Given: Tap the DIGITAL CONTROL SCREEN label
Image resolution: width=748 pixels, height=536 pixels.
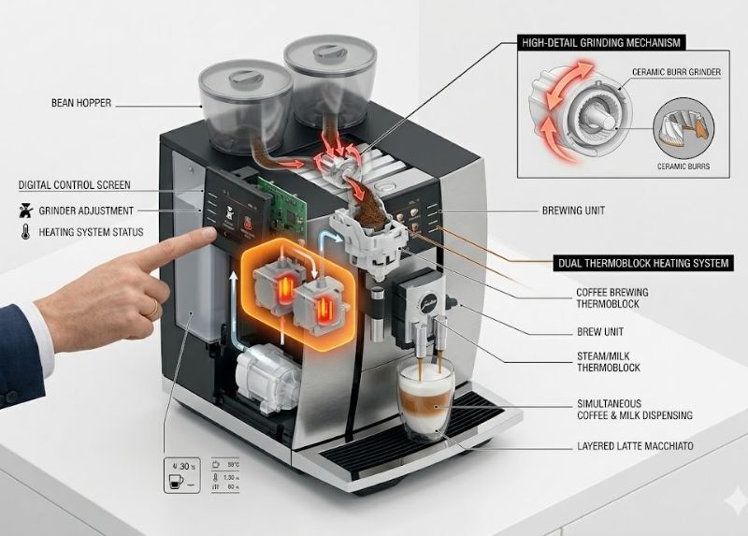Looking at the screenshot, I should point(75,185).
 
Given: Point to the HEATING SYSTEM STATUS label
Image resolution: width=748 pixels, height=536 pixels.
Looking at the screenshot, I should point(91,232).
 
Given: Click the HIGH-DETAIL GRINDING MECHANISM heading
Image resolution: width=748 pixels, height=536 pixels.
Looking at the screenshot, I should point(598,43).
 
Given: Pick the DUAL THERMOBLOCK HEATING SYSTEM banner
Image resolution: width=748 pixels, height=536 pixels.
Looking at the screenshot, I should point(642,263).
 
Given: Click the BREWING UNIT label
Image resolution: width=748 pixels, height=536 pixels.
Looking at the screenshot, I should point(573,211).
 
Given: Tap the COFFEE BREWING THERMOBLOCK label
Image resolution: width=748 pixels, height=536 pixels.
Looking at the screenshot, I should point(611,298).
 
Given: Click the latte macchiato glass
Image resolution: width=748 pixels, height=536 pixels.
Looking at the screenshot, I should point(425,400).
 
